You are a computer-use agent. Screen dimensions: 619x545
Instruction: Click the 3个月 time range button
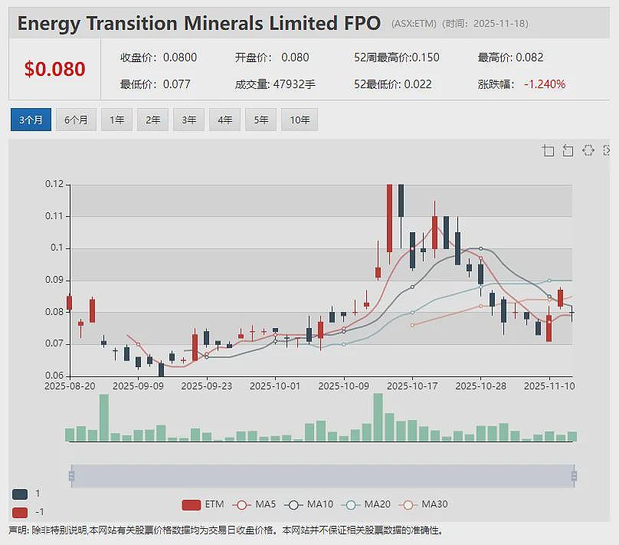(x=31, y=120)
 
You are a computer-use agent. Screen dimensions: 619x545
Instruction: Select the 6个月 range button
(x=76, y=120)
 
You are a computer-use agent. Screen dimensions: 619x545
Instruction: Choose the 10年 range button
(x=300, y=120)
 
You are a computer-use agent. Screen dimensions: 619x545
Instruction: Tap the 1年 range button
(x=117, y=120)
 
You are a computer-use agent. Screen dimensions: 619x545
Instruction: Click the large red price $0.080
(x=54, y=69)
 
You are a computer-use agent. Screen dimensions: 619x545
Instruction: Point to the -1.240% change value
(x=545, y=84)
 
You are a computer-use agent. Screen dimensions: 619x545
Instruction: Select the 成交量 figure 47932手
(x=294, y=84)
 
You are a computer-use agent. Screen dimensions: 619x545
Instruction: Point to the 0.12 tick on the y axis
(x=54, y=184)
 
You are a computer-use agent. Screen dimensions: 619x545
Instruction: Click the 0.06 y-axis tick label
(x=54, y=375)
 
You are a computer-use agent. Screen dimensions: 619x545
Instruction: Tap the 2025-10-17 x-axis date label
(x=412, y=386)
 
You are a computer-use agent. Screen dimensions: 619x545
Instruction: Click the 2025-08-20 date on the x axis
(x=70, y=386)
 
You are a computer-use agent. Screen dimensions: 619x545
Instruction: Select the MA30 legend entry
(x=424, y=504)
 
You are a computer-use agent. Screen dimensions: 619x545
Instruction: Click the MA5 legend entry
(x=254, y=504)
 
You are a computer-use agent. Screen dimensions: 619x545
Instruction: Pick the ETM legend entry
(x=203, y=504)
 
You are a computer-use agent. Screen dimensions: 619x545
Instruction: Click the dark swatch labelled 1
(x=20, y=494)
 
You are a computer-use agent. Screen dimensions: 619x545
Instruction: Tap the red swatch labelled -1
(x=20, y=512)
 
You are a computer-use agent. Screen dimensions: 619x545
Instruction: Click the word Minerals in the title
(x=223, y=23)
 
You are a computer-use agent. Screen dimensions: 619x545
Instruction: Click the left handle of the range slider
(x=71, y=475)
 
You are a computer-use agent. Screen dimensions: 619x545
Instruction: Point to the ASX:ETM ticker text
(x=414, y=24)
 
